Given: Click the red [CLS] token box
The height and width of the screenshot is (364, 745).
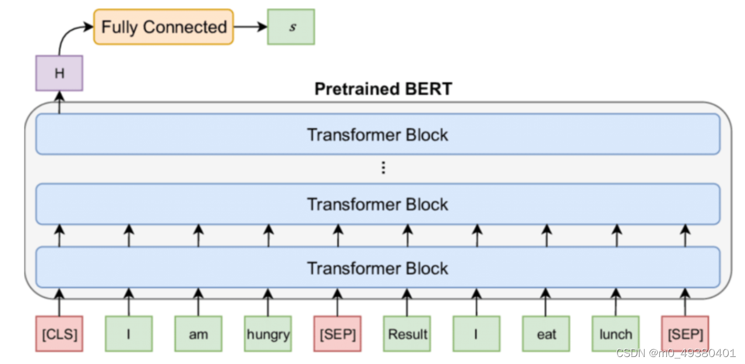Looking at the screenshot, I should coord(59,334).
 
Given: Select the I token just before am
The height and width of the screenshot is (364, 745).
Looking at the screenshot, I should coord(129,334).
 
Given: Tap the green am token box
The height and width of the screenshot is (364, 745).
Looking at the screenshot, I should coord(198,334).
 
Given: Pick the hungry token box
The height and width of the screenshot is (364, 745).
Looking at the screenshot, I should coord(268,334).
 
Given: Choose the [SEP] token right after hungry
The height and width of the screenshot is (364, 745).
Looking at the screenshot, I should coord(337,334).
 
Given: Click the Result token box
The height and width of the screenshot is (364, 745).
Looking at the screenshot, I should coord(407,334).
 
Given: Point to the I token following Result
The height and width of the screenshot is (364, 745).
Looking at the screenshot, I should coord(476,334).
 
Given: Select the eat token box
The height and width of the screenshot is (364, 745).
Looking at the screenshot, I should coord(546,334).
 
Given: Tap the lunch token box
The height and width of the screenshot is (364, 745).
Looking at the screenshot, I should coord(616,334).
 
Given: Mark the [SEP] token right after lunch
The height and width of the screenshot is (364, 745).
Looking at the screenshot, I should coord(685,334).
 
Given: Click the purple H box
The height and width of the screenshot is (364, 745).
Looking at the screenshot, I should coord(59,73).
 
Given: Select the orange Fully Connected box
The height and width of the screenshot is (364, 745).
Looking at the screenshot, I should coord(164,27).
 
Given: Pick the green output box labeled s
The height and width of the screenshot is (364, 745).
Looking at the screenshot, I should coord(291,27).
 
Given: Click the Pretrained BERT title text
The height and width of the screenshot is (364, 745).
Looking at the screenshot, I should coord(383,89).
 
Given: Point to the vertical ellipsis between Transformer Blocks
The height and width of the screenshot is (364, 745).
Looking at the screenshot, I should coord(383,168).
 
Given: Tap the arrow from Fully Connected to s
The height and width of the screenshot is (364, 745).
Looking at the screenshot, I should coord(249,27).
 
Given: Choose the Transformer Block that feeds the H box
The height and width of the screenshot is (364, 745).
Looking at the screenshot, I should coord(378,135).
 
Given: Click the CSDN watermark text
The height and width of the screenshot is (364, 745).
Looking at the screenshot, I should coord(676,353).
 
